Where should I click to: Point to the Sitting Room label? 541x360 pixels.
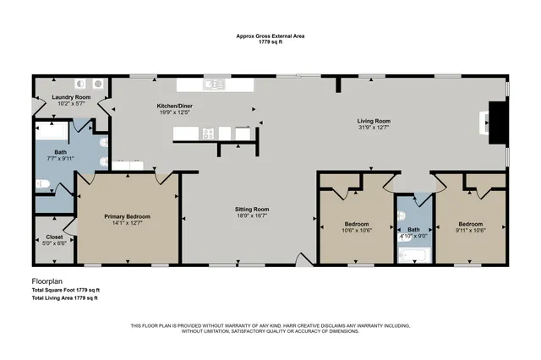(x=251, y=209)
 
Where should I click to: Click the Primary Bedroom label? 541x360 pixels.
(x=126, y=216)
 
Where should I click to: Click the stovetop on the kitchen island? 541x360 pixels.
(x=208, y=132)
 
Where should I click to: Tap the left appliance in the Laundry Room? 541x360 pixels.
(x=82, y=84)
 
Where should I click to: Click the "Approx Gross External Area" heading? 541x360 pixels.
(x=270, y=36)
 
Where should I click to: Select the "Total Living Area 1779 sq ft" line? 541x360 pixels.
(x=64, y=298)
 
